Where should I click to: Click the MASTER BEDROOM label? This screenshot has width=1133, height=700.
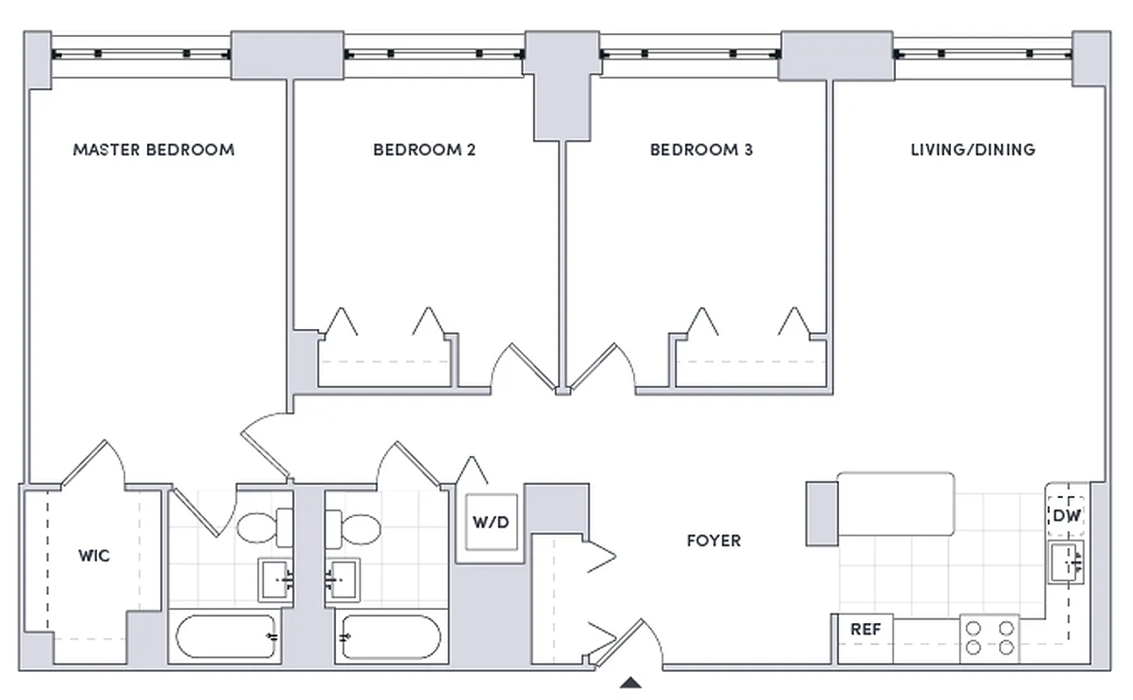click(x=153, y=150)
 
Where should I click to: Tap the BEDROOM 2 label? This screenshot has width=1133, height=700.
click(x=424, y=150)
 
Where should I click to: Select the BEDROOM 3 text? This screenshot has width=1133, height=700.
click(x=701, y=150)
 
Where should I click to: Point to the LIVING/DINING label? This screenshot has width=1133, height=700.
click(x=973, y=150)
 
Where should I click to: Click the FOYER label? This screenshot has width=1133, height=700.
click(x=713, y=541)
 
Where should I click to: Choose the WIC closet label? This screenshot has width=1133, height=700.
click(x=94, y=556)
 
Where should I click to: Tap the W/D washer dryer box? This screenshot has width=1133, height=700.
click(x=490, y=522)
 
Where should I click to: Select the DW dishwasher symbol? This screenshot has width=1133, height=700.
click(x=1066, y=516)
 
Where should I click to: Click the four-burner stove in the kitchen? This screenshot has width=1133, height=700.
click(x=990, y=638)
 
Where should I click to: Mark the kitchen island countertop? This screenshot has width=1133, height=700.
click(x=895, y=504)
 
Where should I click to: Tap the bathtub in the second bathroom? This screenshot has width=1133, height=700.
click(x=390, y=637)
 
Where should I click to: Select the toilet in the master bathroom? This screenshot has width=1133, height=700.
click(x=264, y=528)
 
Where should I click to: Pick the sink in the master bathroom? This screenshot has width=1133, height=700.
click(x=276, y=579)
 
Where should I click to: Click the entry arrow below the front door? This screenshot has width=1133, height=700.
click(x=631, y=683)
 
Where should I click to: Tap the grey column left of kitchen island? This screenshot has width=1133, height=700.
click(x=821, y=513)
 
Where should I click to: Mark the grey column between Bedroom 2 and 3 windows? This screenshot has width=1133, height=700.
click(x=560, y=87)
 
